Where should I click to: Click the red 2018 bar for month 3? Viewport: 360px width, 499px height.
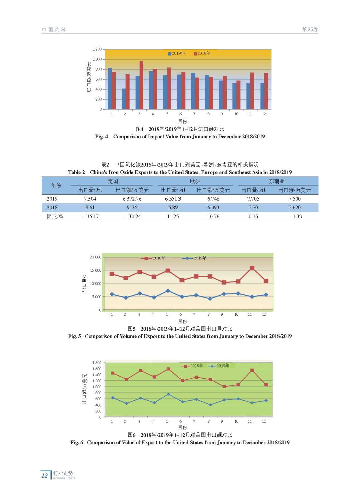tap(141, 85)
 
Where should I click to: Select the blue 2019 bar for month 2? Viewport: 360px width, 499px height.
tap(124, 99)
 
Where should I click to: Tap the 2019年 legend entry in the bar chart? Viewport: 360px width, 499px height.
tap(176, 53)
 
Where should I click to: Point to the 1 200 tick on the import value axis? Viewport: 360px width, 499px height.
tap(97, 49)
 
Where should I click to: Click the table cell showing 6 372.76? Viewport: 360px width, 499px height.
tap(132, 199)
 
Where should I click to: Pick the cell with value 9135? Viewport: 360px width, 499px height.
tap(132, 207)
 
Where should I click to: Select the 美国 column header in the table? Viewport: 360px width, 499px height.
tap(113, 181)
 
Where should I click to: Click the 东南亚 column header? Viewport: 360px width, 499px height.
tap(277, 181)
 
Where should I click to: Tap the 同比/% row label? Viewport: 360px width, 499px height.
tap(55, 217)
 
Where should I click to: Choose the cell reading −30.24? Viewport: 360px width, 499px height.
tap(132, 217)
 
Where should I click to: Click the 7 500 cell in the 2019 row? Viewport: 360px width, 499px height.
tap(294, 199)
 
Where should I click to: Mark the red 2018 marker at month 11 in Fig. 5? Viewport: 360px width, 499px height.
tap(252, 268)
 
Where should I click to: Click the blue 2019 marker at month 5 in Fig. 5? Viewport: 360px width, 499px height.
tap(168, 291)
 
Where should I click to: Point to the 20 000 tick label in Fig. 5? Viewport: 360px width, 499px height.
tap(95, 257)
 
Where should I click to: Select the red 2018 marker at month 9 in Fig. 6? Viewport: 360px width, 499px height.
tap(224, 386)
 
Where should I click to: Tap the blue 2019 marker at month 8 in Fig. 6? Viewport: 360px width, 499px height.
tap(210, 405)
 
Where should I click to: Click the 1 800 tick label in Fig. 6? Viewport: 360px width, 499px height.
tap(97, 363)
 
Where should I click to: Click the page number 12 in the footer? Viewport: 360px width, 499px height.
tap(45, 475)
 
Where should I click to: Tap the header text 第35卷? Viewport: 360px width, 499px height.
tap(310, 30)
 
